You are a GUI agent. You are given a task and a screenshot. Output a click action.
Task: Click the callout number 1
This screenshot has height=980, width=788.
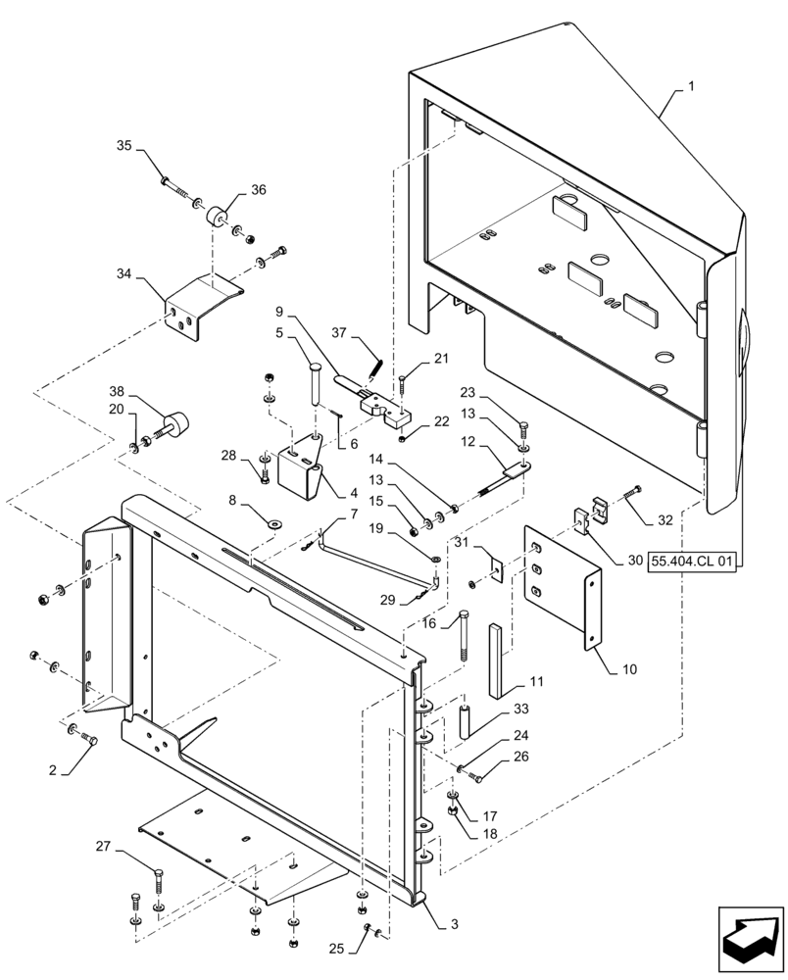tap(691, 86)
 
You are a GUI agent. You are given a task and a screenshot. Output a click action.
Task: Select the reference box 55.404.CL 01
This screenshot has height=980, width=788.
tap(692, 561)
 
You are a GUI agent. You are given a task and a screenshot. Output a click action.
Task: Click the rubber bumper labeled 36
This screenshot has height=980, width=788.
tap(216, 215)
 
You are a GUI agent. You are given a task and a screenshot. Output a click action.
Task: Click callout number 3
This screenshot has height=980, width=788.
tap(455, 923)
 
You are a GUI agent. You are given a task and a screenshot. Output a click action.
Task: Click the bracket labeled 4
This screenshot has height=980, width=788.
tap(298, 470)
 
